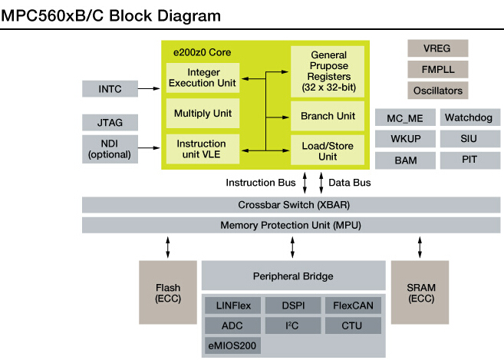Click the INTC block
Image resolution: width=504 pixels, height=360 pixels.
pos(110,89)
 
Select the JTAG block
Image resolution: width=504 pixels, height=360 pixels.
pos(110,122)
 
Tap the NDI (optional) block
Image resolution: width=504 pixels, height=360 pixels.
pos(110,149)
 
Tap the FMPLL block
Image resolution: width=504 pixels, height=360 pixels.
pos(438,70)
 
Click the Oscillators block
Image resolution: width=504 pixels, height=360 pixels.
pos(438,91)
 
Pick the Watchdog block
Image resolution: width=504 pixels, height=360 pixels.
pos(469,118)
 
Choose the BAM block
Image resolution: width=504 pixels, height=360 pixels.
pos(406,160)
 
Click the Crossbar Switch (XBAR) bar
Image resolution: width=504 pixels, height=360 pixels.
pos(292,206)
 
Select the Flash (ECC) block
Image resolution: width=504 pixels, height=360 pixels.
pos(168,292)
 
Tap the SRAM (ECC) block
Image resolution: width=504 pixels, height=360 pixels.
pos(420,292)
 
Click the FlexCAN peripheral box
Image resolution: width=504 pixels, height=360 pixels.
pos(352,305)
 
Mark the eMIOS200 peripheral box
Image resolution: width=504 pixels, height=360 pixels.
pos(232,345)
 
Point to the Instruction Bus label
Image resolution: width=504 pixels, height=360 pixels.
pos(261,183)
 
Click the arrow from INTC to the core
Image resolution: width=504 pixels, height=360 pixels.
pos(149,89)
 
